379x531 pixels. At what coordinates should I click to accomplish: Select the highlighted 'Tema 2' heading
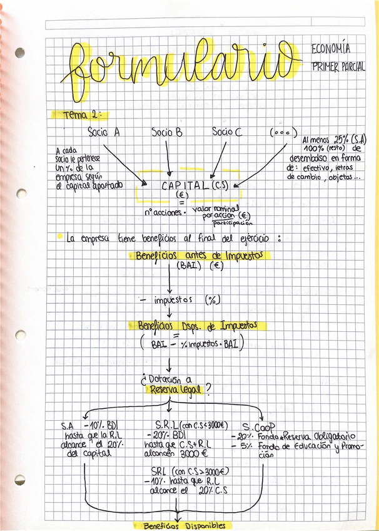click(x=81, y=115)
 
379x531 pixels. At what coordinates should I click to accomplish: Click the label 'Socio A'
click(x=104, y=133)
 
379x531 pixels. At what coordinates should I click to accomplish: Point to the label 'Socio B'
click(x=167, y=133)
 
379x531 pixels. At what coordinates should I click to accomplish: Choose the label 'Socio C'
click(x=226, y=132)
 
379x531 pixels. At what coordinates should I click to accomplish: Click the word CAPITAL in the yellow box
click(x=185, y=185)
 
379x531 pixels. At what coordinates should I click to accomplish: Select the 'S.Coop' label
click(x=257, y=425)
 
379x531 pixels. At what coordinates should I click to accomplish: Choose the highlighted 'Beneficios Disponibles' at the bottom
click(x=184, y=526)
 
